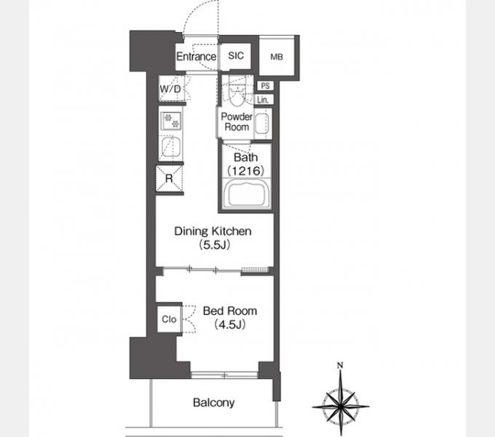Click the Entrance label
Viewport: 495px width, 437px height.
[x=196, y=57]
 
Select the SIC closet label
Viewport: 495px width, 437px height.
[x=236, y=55]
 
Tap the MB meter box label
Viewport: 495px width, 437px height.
[x=277, y=57]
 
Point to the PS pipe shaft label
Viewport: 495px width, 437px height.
[x=265, y=85]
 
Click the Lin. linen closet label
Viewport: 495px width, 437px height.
[x=263, y=100]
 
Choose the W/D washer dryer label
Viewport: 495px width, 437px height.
[x=170, y=89]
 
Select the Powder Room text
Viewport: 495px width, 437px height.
[x=237, y=122]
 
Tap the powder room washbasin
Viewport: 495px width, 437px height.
[x=262, y=123]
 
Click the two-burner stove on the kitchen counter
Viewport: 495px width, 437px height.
[x=171, y=121]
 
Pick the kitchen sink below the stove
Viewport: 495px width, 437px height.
[x=171, y=147]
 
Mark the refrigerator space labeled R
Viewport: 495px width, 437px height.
[x=169, y=178]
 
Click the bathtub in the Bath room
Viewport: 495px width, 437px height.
[x=246, y=194]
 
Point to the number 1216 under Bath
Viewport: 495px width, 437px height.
[x=245, y=171]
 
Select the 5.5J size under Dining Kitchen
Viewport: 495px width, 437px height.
[x=214, y=245]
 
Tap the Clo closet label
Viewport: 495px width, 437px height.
[x=169, y=319]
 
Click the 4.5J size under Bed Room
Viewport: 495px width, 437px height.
[x=229, y=324]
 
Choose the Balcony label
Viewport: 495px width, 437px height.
[x=214, y=403]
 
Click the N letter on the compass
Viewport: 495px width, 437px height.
[x=340, y=366]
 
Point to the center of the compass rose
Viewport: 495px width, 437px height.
[x=341, y=406]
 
